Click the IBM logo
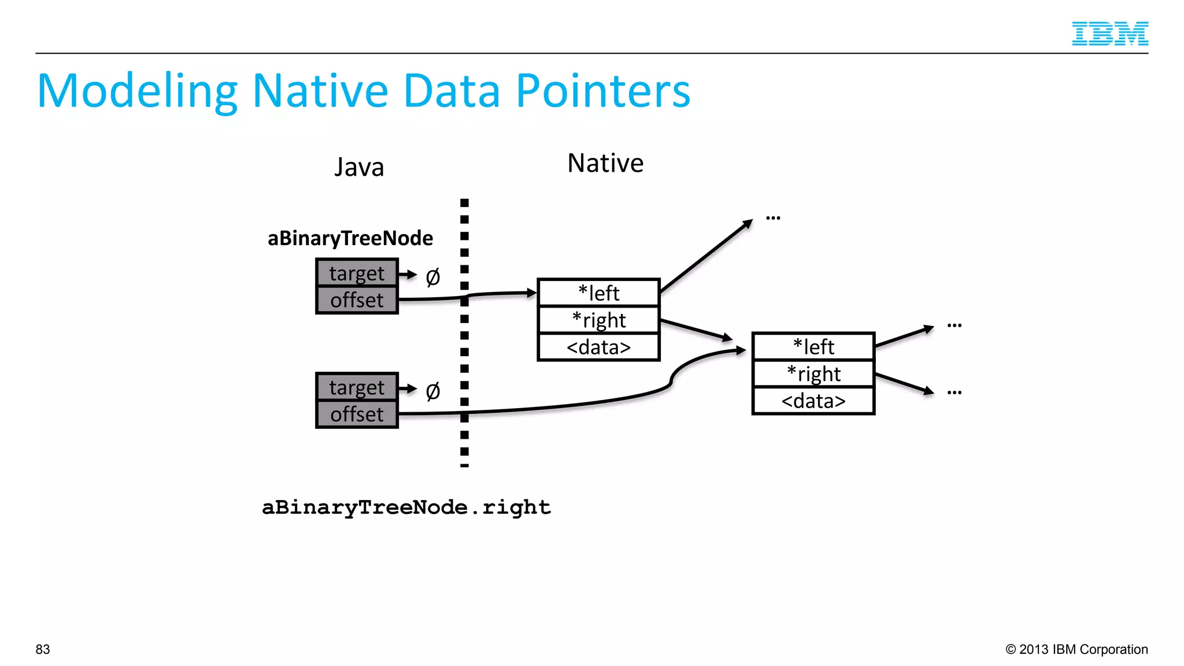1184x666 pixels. click(x=1109, y=34)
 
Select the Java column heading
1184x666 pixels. click(x=359, y=168)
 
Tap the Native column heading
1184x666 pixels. click(x=605, y=163)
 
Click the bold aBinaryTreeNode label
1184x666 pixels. click(x=350, y=238)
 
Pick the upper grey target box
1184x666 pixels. click(x=357, y=273)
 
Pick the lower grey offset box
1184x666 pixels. click(x=357, y=415)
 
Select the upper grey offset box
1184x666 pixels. click(x=357, y=300)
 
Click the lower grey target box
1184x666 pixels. click(x=357, y=387)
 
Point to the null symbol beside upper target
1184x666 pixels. click(x=432, y=277)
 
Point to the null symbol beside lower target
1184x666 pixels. click(x=432, y=391)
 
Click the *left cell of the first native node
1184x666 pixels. click(x=598, y=293)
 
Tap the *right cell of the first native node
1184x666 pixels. click(x=598, y=320)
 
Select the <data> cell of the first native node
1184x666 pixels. click(x=598, y=347)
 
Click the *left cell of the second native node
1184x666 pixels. click(x=813, y=347)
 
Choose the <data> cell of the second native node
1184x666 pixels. click(x=813, y=401)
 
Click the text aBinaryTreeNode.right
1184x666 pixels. click(x=406, y=507)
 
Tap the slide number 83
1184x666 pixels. click(x=43, y=649)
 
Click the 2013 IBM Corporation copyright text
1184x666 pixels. click(x=1076, y=649)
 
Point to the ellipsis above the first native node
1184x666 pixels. click(x=773, y=218)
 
